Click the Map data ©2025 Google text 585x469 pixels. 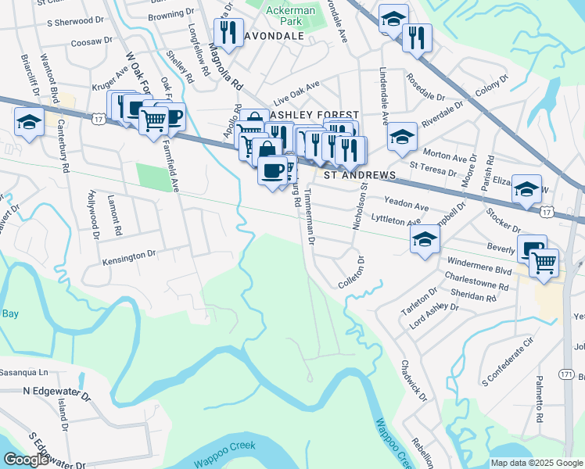click(x=537, y=463)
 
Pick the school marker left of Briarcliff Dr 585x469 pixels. click(x=29, y=123)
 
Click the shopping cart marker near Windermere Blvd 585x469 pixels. click(x=544, y=263)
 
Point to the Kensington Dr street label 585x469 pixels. click(x=130, y=256)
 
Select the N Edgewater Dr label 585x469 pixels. click(x=57, y=389)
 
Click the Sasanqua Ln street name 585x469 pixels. click(x=23, y=372)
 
